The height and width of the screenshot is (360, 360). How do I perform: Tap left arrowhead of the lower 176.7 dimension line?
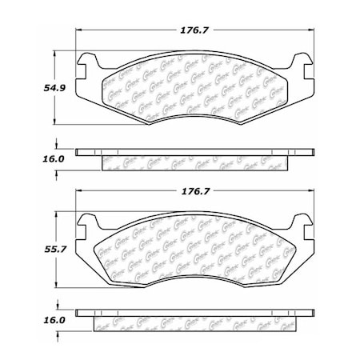[79, 192]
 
